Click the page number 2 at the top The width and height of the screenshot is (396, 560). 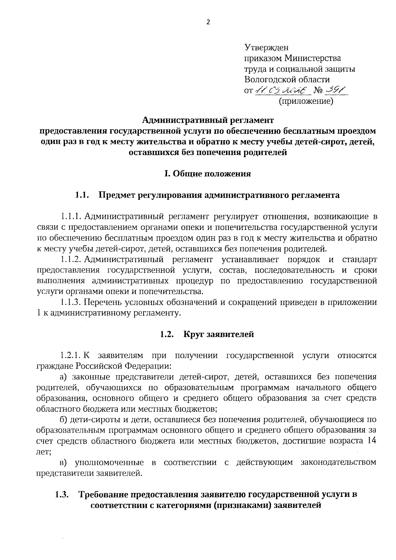coord(208,22)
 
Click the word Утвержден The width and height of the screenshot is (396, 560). coord(266,48)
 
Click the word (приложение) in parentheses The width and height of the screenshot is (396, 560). coord(306,101)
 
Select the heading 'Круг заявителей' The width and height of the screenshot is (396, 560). coord(218,334)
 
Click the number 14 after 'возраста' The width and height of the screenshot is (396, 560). coord(372,441)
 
